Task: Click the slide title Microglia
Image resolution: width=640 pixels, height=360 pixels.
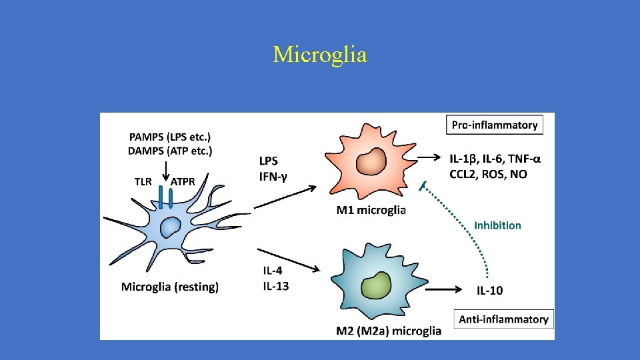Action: click(320, 55)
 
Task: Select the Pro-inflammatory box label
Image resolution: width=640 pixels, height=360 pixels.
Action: click(494, 125)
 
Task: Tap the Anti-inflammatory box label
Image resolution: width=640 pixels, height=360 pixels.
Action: click(503, 319)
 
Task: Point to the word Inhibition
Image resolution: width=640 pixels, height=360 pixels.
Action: click(497, 225)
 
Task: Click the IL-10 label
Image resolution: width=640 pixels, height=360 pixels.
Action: click(489, 290)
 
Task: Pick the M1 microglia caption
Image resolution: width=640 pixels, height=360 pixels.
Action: click(371, 211)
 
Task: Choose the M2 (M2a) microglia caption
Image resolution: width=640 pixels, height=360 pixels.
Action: click(389, 331)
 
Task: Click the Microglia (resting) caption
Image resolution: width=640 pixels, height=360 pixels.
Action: click(170, 287)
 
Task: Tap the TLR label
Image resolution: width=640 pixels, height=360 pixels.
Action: click(143, 181)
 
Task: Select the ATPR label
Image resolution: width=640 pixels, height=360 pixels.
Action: click(183, 181)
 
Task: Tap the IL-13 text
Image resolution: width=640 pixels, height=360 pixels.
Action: click(274, 286)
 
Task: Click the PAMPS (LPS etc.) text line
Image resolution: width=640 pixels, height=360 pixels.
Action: click(170, 137)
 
